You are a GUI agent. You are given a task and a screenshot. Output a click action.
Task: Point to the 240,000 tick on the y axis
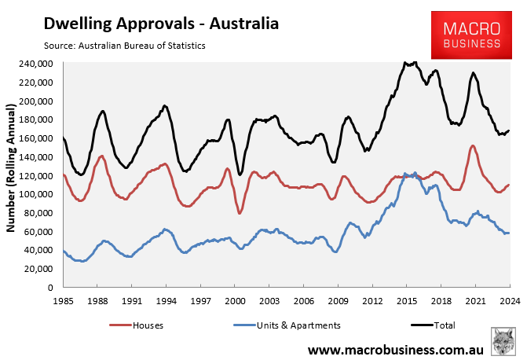pyautogui.click(x=37, y=64)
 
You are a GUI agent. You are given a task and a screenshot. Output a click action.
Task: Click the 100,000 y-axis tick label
pyautogui.click(x=37, y=194)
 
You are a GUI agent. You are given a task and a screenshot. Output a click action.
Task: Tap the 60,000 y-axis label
pyautogui.click(x=39, y=232)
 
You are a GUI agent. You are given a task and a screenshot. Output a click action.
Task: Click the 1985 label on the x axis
pyautogui.click(x=64, y=300)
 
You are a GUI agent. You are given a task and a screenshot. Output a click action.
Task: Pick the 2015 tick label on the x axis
pyautogui.click(x=406, y=300)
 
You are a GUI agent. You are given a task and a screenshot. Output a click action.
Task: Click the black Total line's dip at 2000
pyautogui.click(x=240, y=174)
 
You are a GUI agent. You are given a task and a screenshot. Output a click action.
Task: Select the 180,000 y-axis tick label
pyautogui.click(x=37, y=119)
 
